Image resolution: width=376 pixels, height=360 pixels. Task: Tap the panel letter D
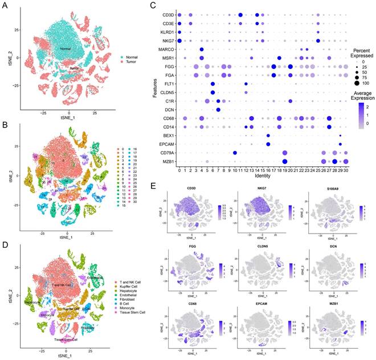pos(6,248)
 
